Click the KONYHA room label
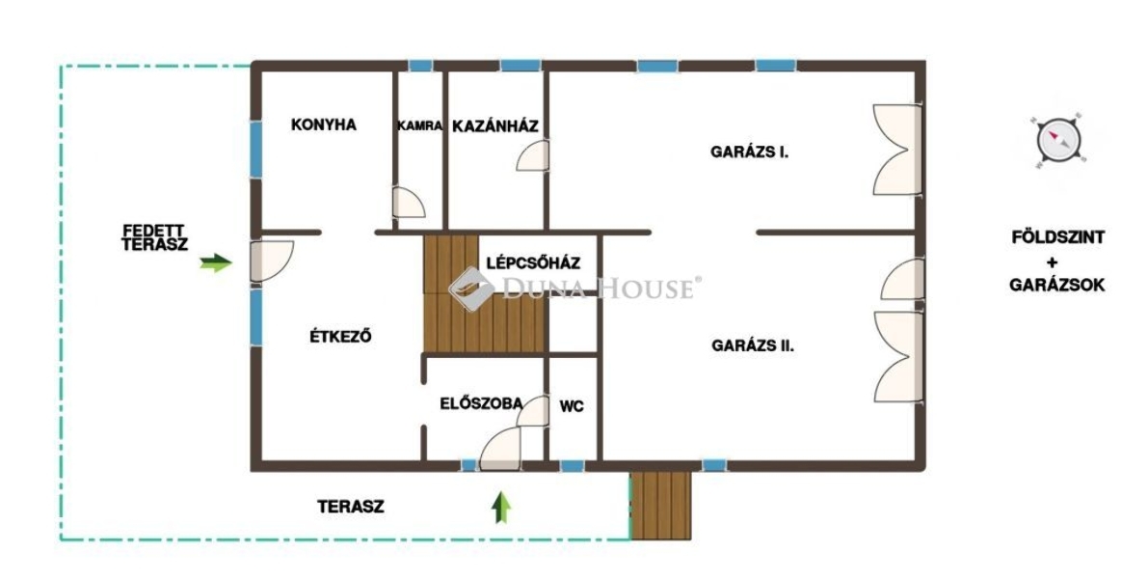pos(324,124)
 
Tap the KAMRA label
pos(419,126)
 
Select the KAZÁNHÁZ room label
pos(495,125)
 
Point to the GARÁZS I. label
pos(749,152)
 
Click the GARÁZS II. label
pos(753,345)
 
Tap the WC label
pos(572,406)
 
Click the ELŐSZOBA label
pos(481,403)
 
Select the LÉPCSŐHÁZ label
pos(533,263)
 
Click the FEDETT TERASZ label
pos(154,238)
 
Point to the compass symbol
pos(1058,139)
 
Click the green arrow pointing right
pos(216,262)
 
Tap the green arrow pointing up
pos(501,508)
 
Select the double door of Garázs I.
pos(897,150)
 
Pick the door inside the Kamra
pos(408,203)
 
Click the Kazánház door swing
pos(533,155)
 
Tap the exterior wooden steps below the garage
pos(661,506)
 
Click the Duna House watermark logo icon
pos(470,288)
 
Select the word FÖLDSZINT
pos(1058,237)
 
